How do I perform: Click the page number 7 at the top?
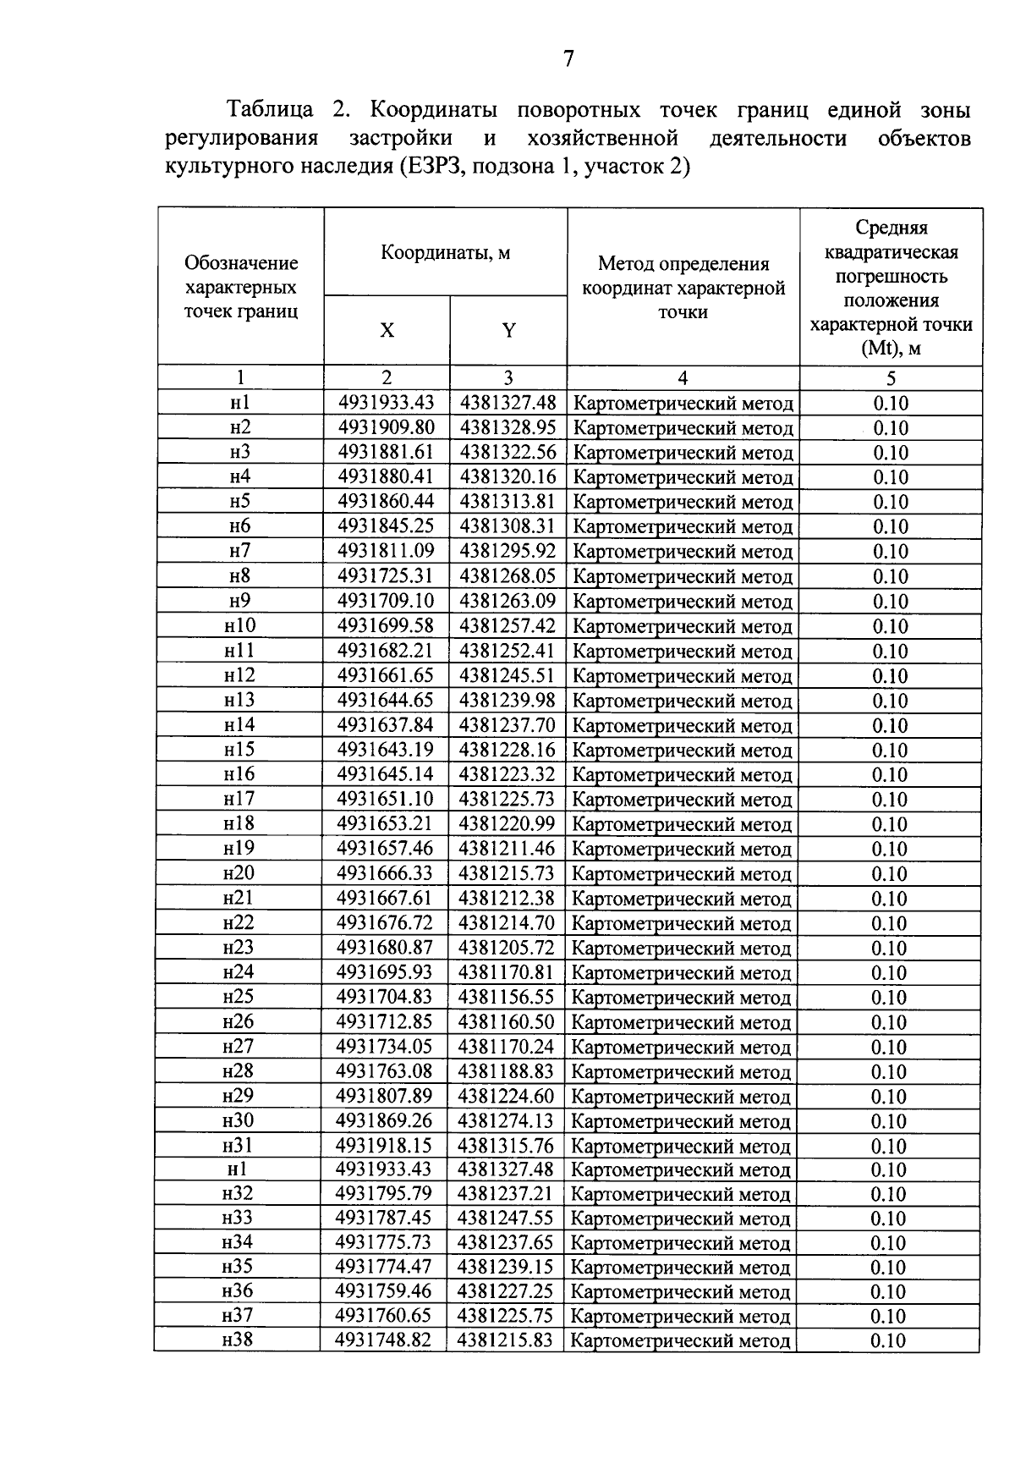pos(568,58)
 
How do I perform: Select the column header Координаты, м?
pos(445,252)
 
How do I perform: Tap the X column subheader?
pos(387,331)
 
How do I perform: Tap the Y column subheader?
pos(508,331)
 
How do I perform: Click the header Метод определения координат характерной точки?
pos(683,288)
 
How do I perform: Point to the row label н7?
pos(240,551)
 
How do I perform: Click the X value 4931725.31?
pos(386,576)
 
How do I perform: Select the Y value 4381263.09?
pos(507,601)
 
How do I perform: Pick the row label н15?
pos(239,750)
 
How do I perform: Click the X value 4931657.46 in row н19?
pos(385,849)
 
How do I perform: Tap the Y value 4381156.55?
pos(506,997)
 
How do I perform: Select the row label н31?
pos(238,1146)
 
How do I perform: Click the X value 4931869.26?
pos(384,1120)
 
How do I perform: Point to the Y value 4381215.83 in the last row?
pos(505,1340)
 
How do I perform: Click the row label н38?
pos(238,1340)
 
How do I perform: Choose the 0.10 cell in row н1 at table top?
pos(891,404)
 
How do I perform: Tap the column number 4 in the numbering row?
pos(683,378)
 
